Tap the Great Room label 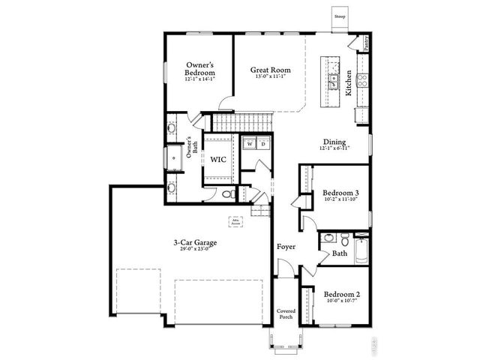[x=270, y=70]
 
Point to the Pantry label [x=367, y=43]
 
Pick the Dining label [x=334, y=142]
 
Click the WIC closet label [x=218, y=160]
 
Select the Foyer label [x=286, y=246]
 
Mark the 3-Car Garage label [x=193, y=242]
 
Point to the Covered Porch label [x=286, y=313]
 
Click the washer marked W [x=250, y=143]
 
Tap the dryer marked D [x=263, y=143]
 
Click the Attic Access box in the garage [x=235, y=222]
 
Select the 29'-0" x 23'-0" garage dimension [x=193, y=250]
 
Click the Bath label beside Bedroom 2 [x=340, y=253]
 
